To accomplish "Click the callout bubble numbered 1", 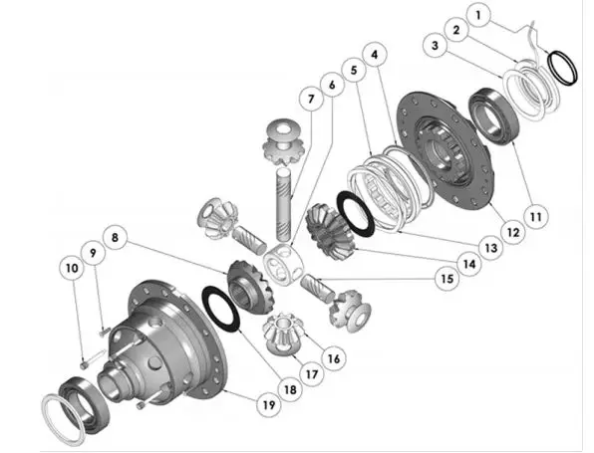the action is [x=478, y=15].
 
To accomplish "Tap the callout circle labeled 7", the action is [x=311, y=100].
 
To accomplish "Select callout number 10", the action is [x=72, y=269].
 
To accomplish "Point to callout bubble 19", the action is [x=268, y=405].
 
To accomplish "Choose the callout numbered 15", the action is [x=447, y=279].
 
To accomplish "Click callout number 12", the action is [x=513, y=232].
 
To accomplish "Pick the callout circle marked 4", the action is [x=375, y=55].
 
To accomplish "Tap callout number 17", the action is [x=311, y=374].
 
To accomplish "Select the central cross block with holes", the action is [x=284, y=264].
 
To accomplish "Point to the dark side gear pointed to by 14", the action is [x=329, y=231].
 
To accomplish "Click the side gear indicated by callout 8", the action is [x=250, y=287].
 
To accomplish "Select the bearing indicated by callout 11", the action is [x=494, y=115].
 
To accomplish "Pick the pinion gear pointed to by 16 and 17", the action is [x=282, y=334].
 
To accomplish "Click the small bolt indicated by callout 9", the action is [x=104, y=333].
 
